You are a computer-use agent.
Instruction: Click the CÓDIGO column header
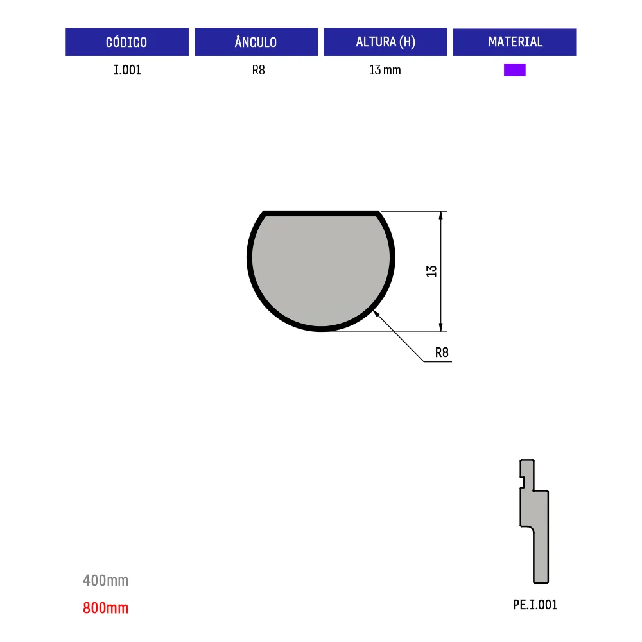click(127, 42)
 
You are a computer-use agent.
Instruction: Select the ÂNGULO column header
click(256, 42)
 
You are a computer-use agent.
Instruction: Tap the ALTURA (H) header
click(385, 42)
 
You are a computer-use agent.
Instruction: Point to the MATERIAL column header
click(515, 42)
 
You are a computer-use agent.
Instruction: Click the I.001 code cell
click(127, 70)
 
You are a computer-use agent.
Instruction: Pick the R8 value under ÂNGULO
click(258, 70)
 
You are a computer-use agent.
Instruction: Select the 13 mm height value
click(385, 70)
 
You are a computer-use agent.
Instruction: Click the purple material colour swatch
click(515, 70)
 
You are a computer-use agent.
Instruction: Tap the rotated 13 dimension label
click(431, 271)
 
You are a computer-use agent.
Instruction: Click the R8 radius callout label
click(442, 352)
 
